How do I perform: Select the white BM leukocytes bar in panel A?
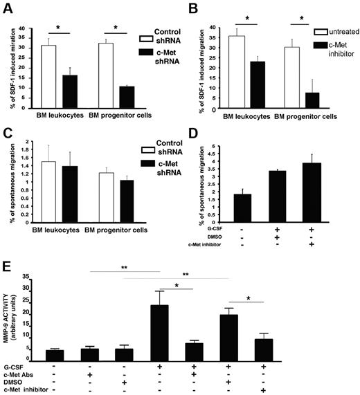tap(48, 77)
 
